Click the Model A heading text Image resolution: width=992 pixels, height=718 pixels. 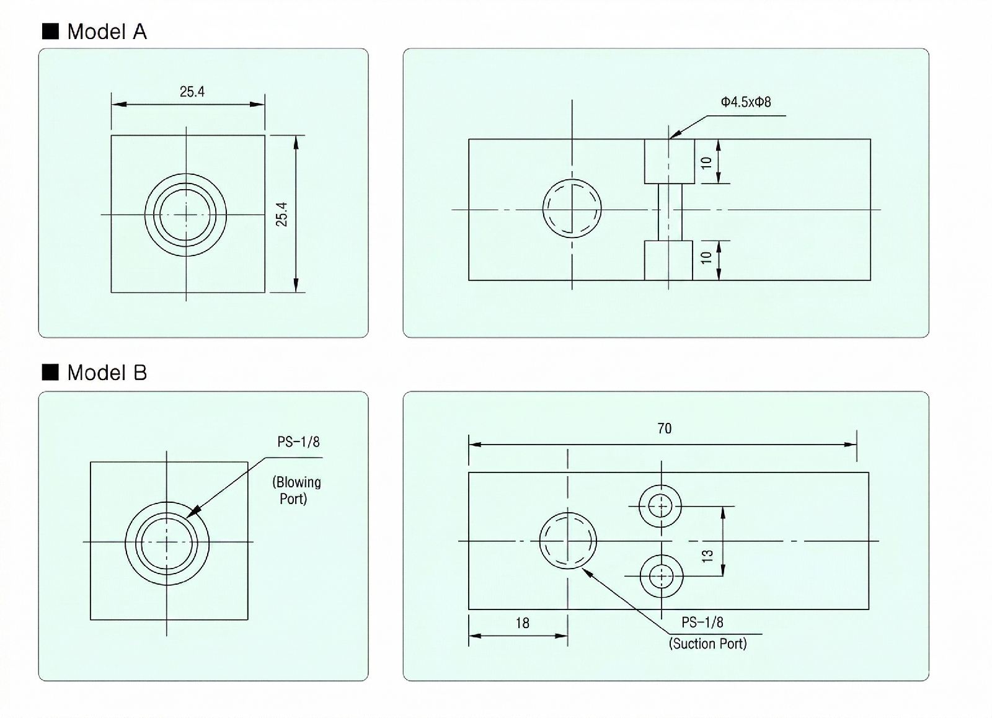click(x=107, y=32)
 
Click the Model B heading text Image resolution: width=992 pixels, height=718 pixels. click(x=107, y=373)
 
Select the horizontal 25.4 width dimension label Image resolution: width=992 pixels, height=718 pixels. click(x=192, y=92)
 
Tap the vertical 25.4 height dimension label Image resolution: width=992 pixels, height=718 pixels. click(x=282, y=214)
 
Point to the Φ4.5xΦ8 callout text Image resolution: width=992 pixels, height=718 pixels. click(x=746, y=102)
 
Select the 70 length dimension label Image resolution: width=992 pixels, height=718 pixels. click(x=664, y=428)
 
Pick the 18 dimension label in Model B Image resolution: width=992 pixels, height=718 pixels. click(x=523, y=623)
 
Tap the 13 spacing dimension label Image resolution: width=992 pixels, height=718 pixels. click(x=707, y=556)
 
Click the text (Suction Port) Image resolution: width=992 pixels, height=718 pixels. click(x=707, y=644)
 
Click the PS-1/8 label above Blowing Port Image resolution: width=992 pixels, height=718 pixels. click(x=298, y=442)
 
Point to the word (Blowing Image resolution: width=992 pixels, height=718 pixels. click(x=296, y=482)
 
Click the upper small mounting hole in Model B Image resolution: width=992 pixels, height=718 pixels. click(x=660, y=506)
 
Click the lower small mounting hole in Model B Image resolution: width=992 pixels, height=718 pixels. click(x=662, y=576)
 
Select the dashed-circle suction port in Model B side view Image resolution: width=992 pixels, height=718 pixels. click(x=568, y=541)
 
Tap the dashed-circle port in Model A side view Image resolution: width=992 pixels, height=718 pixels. click(x=572, y=208)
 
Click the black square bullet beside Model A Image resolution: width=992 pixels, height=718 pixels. click(x=50, y=31)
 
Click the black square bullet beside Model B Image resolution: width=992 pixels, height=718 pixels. click(x=50, y=372)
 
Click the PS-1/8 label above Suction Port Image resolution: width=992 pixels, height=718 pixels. click(x=702, y=623)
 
